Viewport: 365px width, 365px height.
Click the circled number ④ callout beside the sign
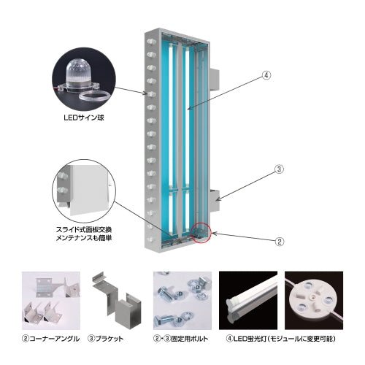pos(266,75)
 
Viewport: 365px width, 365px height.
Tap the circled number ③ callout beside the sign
pos(279,169)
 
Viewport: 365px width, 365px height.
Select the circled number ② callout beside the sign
pos(279,242)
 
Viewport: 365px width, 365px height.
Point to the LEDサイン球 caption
pos(84,118)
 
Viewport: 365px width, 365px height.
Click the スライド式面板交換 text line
pos(84,229)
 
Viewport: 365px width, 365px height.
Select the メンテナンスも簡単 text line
pos(84,237)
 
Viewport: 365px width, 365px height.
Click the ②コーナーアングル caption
pos(50,339)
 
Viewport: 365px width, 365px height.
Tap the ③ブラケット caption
pos(105,339)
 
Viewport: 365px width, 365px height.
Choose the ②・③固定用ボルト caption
pos(181,339)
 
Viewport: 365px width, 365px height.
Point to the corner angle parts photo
pos(51,301)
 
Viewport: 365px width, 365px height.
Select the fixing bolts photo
pos(182,301)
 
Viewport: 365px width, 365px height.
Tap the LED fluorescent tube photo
pos(248,301)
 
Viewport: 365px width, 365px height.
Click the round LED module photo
pos(314,301)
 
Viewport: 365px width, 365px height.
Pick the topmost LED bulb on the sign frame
pos(151,42)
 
